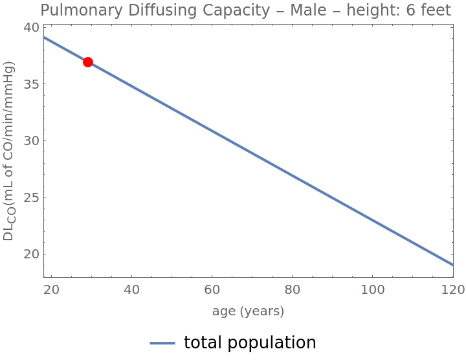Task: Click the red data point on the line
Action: [x=88, y=62]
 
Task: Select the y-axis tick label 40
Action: [x=32, y=28]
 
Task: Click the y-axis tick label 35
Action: [x=32, y=84]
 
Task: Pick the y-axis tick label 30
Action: [x=32, y=141]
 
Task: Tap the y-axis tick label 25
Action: [x=32, y=197]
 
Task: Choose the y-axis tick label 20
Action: [x=32, y=254]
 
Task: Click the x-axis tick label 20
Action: [x=52, y=289]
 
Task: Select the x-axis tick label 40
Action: [x=131, y=289]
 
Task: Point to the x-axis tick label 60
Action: [x=212, y=289]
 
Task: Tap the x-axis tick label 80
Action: [x=293, y=289]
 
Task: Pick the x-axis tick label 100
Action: [x=372, y=289]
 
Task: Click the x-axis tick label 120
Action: [x=452, y=289]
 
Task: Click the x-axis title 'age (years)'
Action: [x=248, y=311]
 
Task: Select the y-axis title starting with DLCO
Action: [x=9, y=150]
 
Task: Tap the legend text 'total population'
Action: [x=250, y=343]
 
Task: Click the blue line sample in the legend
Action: [x=163, y=343]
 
